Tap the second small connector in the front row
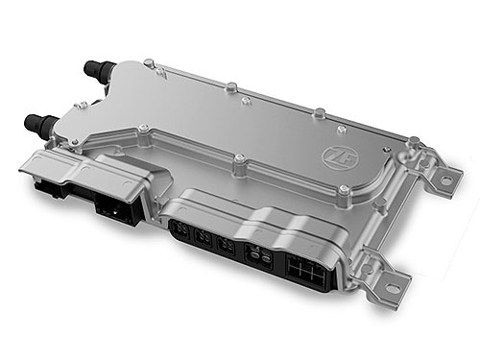[x=203, y=238]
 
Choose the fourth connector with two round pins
[x=256, y=255]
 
